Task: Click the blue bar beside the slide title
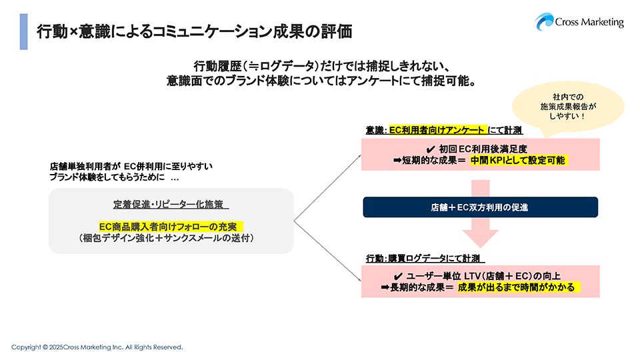(23, 31)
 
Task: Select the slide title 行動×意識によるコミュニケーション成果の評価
(194, 31)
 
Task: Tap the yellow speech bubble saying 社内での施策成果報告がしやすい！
(559, 107)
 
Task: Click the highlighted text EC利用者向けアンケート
(437, 130)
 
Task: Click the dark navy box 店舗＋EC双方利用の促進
(480, 207)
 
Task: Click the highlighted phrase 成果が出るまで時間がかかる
(518, 287)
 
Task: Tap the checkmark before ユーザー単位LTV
(398, 276)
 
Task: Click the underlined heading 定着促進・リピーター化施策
(171, 204)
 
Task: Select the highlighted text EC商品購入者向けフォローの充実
(171, 227)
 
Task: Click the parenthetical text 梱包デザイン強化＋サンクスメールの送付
(171, 238)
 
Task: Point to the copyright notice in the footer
(97, 347)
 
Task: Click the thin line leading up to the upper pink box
(327, 187)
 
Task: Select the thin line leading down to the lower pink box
(327, 247)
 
